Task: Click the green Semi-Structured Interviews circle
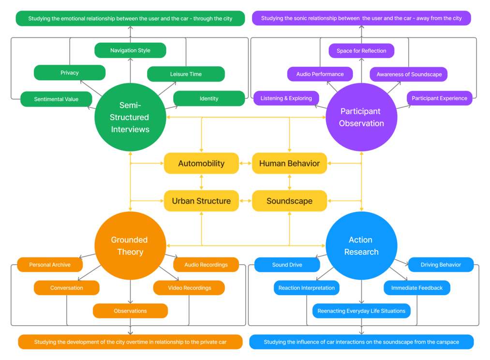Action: tap(130, 117)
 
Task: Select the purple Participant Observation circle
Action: tap(361, 117)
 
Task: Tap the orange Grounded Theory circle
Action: tap(130, 246)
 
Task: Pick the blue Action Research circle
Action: tap(361, 246)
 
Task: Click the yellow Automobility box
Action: tap(201, 164)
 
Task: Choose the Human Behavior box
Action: tap(289, 164)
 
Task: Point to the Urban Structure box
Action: tap(201, 201)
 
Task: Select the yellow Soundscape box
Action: tap(289, 201)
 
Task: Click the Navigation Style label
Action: tap(130, 50)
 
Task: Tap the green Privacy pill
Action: tap(70, 73)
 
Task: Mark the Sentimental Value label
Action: tap(56, 99)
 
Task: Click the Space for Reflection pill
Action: tap(361, 51)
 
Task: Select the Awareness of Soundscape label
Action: tap(409, 75)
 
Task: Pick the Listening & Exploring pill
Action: tap(286, 98)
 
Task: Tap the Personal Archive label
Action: tap(50, 265)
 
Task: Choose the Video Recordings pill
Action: tap(190, 288)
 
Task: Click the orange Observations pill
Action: tap(130, 311)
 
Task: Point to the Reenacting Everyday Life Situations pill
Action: tap(361, 311)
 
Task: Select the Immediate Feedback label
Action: tap(417, 288)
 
